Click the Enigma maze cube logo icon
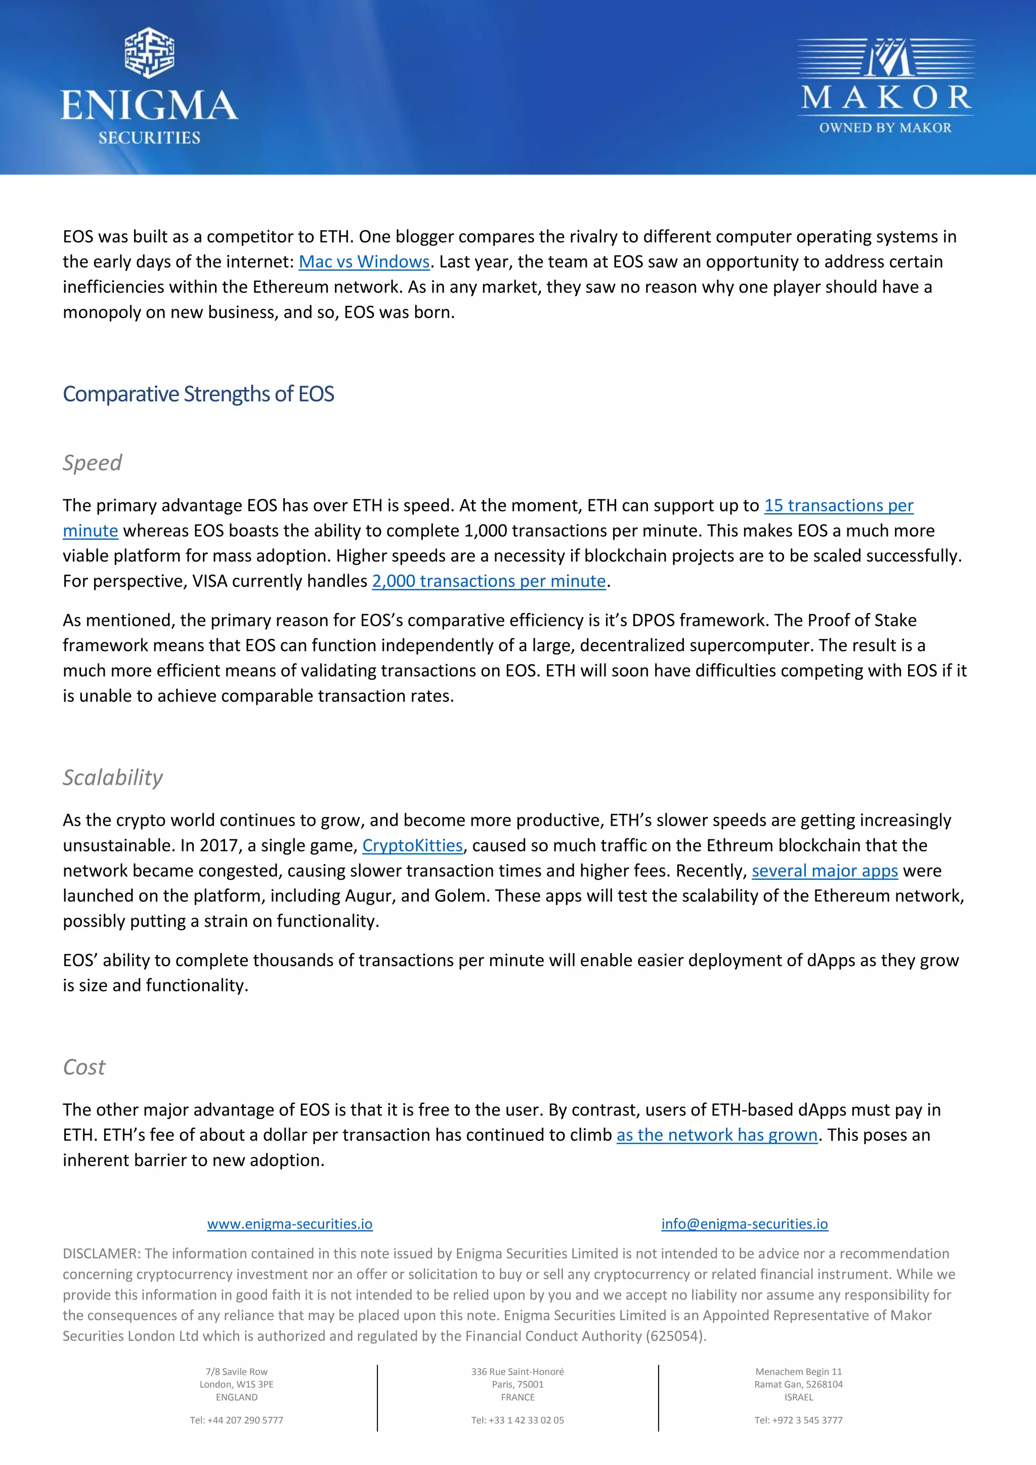[x=149, y=53]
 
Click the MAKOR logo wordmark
[x=885, y=97]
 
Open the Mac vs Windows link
[x=364, y=262]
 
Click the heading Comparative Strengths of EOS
[x=198, y=394]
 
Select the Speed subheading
[x=93, y=462]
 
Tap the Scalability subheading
[x=113, y=777]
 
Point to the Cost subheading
[x=84, y=1067]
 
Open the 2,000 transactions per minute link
[x=489, y=581]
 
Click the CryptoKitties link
[x=412, y=845]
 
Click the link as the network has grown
[x=716, y=1135]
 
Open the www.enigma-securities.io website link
[x=290, y=1224]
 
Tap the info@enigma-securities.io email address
[x=745, y=1224]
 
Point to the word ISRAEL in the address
[x=799, y=1397]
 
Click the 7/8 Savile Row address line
[x=237, y=1372]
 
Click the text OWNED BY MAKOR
[x=885, y=127]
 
